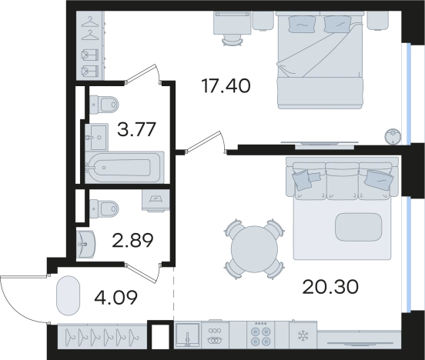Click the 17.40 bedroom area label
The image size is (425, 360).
[226, 86]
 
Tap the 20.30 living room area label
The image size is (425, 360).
[330, 287]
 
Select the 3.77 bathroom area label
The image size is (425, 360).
[136, 129]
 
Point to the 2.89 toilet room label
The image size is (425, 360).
[132, 240]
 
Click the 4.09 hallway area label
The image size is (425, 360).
[116, 297]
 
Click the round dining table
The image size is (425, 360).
[254, 248]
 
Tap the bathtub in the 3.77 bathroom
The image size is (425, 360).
[125, 167]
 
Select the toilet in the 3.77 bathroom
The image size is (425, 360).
[104, 105]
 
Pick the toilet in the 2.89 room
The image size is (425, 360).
[104, 208]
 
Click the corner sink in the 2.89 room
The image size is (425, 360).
[85, 244]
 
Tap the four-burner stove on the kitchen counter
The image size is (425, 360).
[260, 335]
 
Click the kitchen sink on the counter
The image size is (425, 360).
[187, 335]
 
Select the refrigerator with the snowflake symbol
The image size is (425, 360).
[303, 335]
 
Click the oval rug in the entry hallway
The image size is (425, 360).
[68, 296]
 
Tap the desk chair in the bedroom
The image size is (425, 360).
[233, 41]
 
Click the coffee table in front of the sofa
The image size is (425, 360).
[358, 227]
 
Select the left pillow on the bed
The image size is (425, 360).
[303, 24]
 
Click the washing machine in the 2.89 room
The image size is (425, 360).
[156, 200]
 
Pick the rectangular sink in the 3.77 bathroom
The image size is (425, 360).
[97, 137]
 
